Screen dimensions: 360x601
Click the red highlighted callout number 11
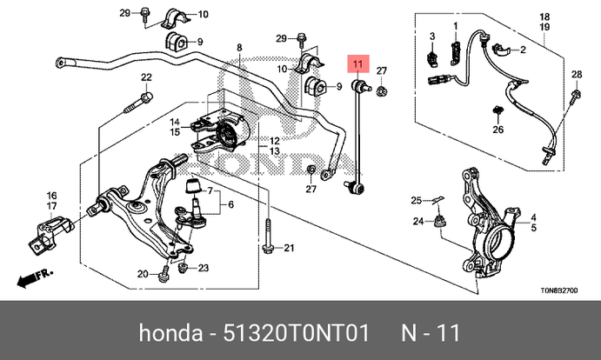click(359, 63)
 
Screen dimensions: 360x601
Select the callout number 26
click(498, 130)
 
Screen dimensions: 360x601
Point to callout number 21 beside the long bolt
click(290, 249)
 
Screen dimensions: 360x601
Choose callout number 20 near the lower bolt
click(143, 275)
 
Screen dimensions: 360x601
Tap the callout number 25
click(417, 201)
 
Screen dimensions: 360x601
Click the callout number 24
click(418, 222)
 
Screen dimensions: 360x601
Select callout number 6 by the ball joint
click(231, 205)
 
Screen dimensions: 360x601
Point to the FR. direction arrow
click(33, 277)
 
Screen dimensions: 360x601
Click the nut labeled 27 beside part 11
click(384, 86)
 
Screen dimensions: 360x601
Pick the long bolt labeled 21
click(270, 236)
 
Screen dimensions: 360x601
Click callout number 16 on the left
click(51, 195)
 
